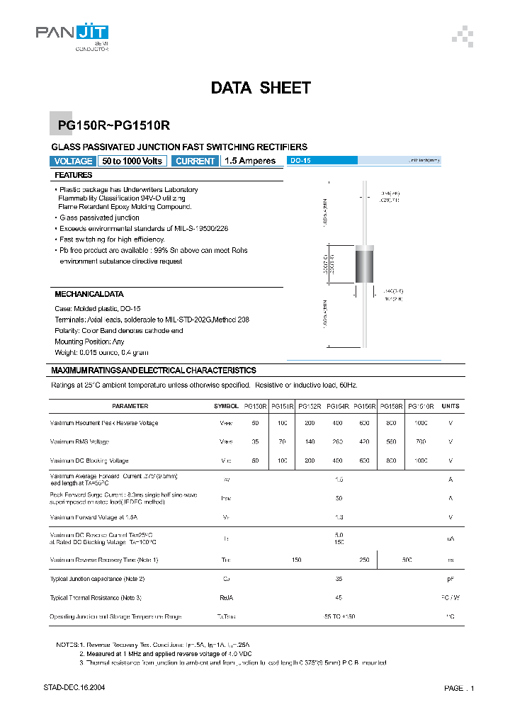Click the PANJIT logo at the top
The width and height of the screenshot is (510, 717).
pos(72,34)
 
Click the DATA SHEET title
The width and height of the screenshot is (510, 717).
pos(261,88)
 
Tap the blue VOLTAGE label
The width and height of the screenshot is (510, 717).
pos(73,161)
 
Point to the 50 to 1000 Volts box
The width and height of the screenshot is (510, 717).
pos(132,161)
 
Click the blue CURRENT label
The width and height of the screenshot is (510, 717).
pos(195,161)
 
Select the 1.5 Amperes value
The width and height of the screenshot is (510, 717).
pos(250,161)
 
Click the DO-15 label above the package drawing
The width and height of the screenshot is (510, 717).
pos(301,161)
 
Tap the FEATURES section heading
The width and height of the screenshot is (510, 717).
pos(74,175)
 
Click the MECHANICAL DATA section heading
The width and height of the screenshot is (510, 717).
pos(89,293)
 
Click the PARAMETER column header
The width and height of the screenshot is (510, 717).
pos(130,406)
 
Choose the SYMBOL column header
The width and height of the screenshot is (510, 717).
pos(226,406)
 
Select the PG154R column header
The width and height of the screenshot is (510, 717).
pos(336,406)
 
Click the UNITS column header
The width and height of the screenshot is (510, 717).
pos(450,406)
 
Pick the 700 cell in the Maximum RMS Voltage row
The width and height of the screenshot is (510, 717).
pos(421,441)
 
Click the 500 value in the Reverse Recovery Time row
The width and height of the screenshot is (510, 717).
pos(407,560)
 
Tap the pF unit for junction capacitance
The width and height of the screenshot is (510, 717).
pos(450,579)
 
